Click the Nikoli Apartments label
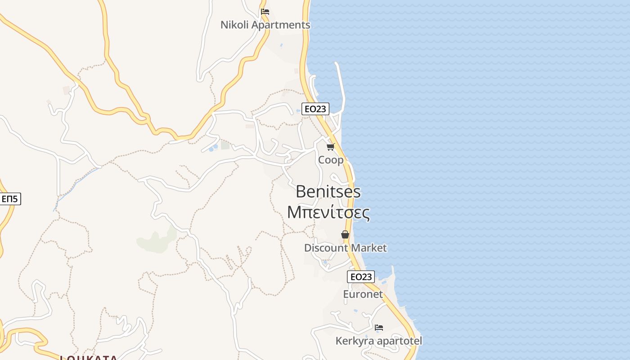[265, 25]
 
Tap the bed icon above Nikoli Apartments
[265, 12]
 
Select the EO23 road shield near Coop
[315, 108]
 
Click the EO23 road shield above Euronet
[361, 277]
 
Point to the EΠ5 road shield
[10, 198]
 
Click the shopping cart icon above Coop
[331, 147]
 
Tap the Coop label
[331, 160]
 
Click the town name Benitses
[328, 192]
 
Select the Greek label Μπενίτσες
[328, 212]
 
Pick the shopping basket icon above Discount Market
[345, 234]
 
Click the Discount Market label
[345, 248]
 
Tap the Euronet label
[363, 294]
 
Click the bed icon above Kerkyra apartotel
[379, 328]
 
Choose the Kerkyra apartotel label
[379, 341]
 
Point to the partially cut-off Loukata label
[89, 358]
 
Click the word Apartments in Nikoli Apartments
[281, 25]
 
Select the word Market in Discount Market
[369, 248]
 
